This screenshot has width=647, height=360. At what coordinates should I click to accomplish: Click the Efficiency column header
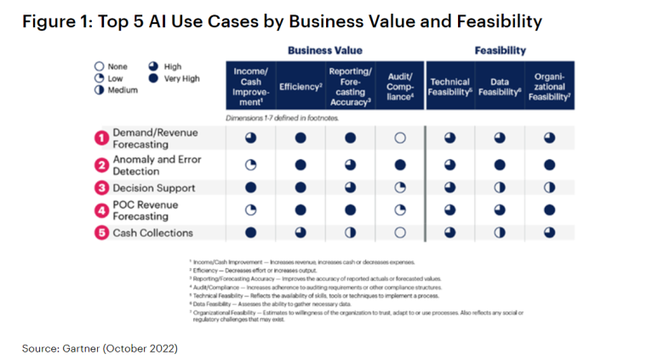point(300,87)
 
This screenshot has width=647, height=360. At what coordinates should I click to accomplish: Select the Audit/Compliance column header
point(399,87)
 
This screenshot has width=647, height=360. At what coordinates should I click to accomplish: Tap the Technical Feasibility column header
point(450,87)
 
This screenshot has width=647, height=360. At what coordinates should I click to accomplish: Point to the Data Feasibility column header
point(500,87)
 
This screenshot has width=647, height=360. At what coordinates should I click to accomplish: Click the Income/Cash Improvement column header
point(250,87)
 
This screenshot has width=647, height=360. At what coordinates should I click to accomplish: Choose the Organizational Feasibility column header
point(549,87)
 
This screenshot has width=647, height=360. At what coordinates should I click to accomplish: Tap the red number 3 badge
point(100,188)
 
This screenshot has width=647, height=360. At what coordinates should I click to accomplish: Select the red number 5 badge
point(100,232)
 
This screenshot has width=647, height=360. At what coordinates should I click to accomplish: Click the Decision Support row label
point(154,188)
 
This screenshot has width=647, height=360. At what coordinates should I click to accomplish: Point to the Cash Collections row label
point(153,232)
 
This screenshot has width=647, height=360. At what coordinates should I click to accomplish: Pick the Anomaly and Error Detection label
point(156,165)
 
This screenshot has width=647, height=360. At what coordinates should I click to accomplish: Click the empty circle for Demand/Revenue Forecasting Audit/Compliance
point(400,138)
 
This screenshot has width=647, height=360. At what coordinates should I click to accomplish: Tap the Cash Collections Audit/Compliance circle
point(400,232)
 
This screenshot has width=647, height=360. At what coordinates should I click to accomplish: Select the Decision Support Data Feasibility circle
point(500,188)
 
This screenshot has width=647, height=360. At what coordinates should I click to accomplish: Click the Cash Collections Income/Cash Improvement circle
point(250,232)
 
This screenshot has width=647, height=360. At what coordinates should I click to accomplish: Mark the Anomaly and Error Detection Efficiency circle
point(300,165)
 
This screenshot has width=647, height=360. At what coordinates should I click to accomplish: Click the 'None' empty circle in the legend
point(100,66)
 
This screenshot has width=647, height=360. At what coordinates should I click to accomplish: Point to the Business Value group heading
point(324,50)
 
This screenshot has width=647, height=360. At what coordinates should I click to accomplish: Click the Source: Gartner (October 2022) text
point(100,347)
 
